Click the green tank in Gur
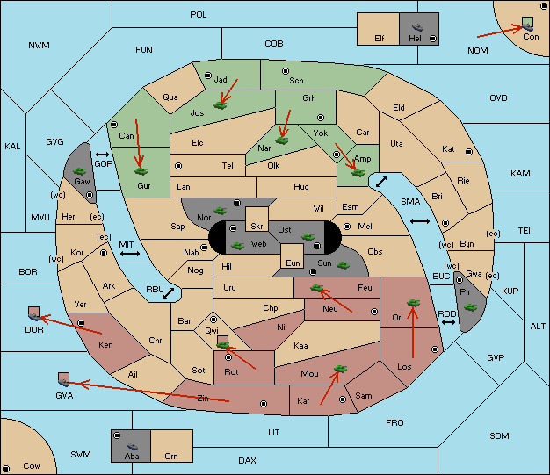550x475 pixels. pyautogui.click(x=141, y=171)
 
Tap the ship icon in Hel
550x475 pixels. pyautogui.click(x=417, y=27)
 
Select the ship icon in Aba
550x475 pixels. pyautogui.click(x=132, y=446)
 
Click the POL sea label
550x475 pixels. pyautogui.click(x=199, y=15)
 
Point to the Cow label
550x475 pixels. pyautogui.click(x=32, y=466)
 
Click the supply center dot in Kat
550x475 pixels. pyautogui.click(x=469, y=152)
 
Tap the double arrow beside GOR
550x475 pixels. pyautogui.click(x=103, y=155)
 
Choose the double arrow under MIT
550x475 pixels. pyautogui.click(x=130, y=254)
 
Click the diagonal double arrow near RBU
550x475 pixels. pyautogui.click(x=169, y=293)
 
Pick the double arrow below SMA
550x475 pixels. pyautogui.click(x=420, y=221)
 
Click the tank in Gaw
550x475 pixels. pyautogui.click(x=80, y=171)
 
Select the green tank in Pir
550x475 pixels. pyautogui.click(x=470, y=307)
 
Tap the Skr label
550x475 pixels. pyautogui.click(x=257, y=227)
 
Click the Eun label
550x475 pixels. pyautogui.click(x=293, y=263)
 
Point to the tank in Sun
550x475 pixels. pyautogui.click(x=343, y=265)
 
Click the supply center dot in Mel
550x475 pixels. pyautogui.click(x=347, y=227)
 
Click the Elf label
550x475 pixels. pyautogui.click(x=380, y=39)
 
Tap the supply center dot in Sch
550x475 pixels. pyautogui.click(x=286, y=71)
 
